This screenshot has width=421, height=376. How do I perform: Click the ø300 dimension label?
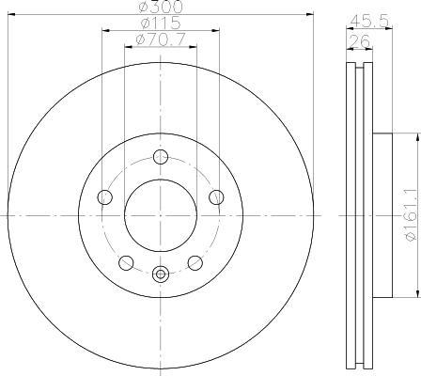click(x=160, y=7)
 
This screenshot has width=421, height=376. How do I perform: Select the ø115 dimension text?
click(x=161, y=23)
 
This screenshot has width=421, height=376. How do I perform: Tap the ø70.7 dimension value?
click(x=161, y=39)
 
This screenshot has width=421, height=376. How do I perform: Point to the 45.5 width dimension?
click(x=369, y=22)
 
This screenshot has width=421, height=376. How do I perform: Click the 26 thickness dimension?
click(x=359, y=41)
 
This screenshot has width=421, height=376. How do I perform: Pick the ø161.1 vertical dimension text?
click(x=412, y=217)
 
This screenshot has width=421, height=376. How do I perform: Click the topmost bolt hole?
click(x=161, y=157)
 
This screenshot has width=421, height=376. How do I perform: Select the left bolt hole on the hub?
click(x=105, y=197)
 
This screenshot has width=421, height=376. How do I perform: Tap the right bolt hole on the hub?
click(x=216, y=197)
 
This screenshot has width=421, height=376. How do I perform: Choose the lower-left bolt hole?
click(x=126, y=262)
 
